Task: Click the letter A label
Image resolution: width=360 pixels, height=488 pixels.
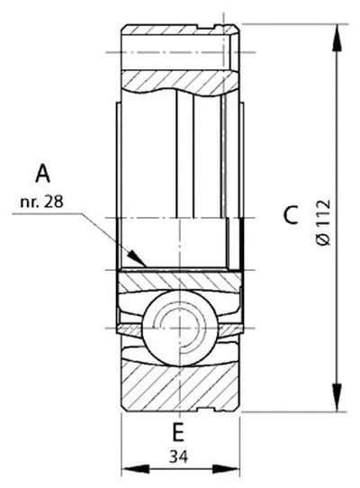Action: pos(42,174)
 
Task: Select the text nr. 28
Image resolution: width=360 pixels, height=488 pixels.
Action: pos(41,202)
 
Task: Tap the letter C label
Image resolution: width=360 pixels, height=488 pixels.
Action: pos(292,215)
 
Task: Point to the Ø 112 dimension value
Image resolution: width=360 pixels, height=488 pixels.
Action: pos(323,222)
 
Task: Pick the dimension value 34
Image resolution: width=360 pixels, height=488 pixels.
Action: pos(178,457)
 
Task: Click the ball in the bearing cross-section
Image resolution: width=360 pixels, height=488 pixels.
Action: pos(179,328)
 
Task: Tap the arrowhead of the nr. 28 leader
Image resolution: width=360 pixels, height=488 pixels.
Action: pos(138,258)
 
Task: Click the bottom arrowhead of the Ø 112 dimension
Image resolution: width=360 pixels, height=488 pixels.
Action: pos(337,397)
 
